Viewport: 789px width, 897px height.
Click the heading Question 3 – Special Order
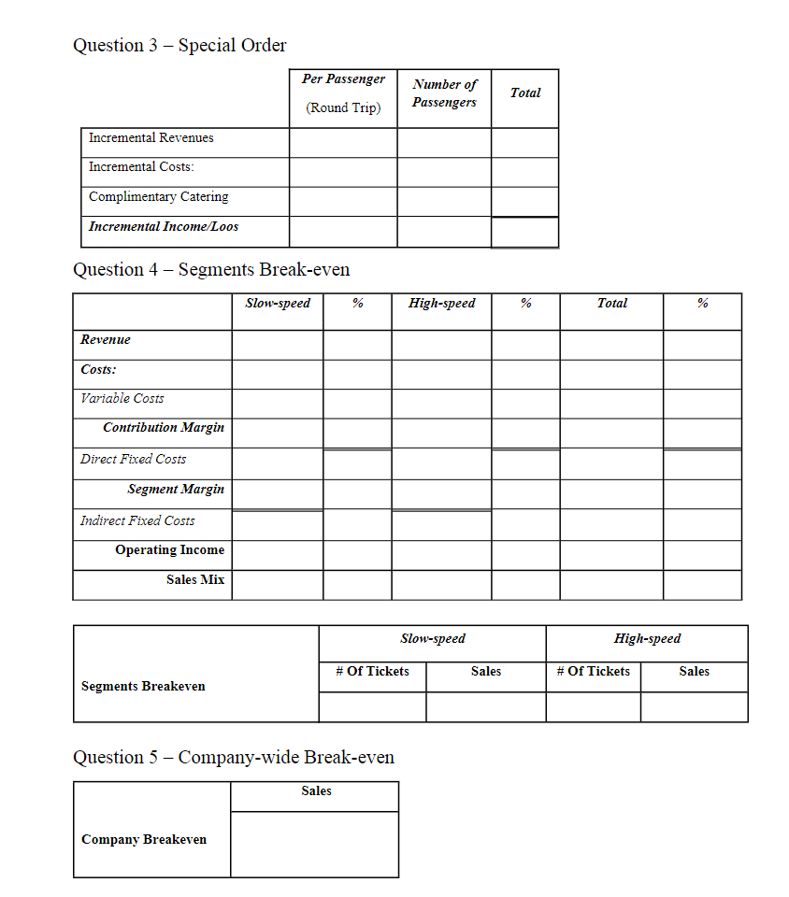coord(179,45)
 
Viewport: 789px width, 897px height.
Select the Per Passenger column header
coord(343,79)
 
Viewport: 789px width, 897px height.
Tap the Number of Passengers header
coord(444,93)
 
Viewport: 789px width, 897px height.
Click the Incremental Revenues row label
coord(151,137)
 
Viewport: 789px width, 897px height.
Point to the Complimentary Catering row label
coord(158,196)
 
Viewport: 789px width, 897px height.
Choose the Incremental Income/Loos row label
coord(163,226)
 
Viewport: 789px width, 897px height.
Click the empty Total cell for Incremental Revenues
coord(524,143)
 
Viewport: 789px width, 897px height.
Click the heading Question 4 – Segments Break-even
coord(211,270)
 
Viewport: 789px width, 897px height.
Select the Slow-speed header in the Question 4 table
coord(278,303)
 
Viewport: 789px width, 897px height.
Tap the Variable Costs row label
coord(122,398)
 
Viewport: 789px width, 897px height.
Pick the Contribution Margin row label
coord(164,427)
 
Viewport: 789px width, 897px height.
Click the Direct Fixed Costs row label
coord(133,459)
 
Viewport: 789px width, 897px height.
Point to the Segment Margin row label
coord(176,489)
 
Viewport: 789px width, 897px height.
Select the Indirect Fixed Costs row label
coord(137,520)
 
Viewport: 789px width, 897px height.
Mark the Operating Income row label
coord(169,549)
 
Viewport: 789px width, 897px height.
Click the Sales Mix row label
coord(195,579)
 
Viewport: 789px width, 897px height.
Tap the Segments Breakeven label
coord(143,686)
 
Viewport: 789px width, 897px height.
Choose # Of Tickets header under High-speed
coord(593,671)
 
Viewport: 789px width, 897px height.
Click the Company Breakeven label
coord(144,839)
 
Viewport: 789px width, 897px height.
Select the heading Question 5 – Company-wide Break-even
coord(234,757)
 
